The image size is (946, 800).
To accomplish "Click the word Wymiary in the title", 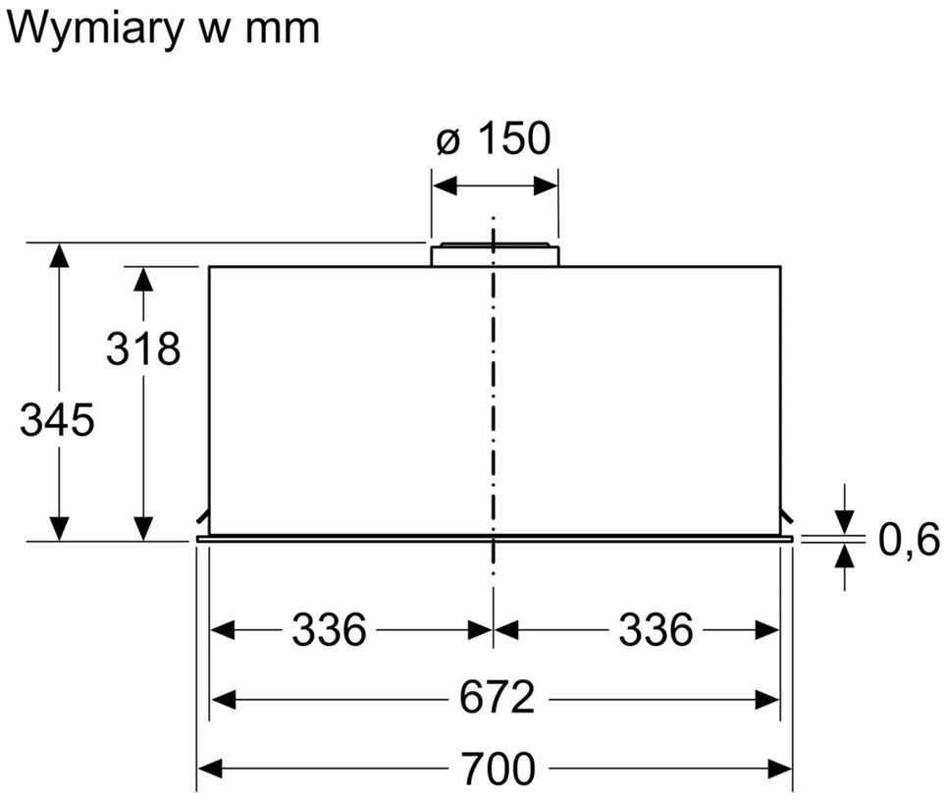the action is click(95, 29).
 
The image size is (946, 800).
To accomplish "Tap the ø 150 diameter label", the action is click(494, 138).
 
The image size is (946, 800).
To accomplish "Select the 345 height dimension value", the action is click(57, 420).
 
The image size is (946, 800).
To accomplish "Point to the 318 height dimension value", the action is click(143, 348).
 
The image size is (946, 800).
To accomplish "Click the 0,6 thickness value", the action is click(909, 540).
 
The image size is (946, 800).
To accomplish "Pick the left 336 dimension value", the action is click(330, 630).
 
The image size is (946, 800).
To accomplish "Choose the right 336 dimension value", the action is click(656, 630).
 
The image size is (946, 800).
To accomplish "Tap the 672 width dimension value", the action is click(498, 698).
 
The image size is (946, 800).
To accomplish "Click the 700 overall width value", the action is click(498, 768).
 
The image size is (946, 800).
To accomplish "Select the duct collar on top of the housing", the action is click(495, 254).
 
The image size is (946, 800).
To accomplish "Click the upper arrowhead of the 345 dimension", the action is click(59, 256).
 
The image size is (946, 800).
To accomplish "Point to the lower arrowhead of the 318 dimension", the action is click(143, 529).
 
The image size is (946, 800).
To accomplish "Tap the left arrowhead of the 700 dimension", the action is click(210, 769).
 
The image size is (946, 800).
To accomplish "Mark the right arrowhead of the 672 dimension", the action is click(767, 701).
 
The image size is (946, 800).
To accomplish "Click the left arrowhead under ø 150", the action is click(445, 186).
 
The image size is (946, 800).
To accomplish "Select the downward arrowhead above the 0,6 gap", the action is click(845, 522).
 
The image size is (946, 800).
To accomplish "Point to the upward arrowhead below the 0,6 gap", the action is click(845, 556).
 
